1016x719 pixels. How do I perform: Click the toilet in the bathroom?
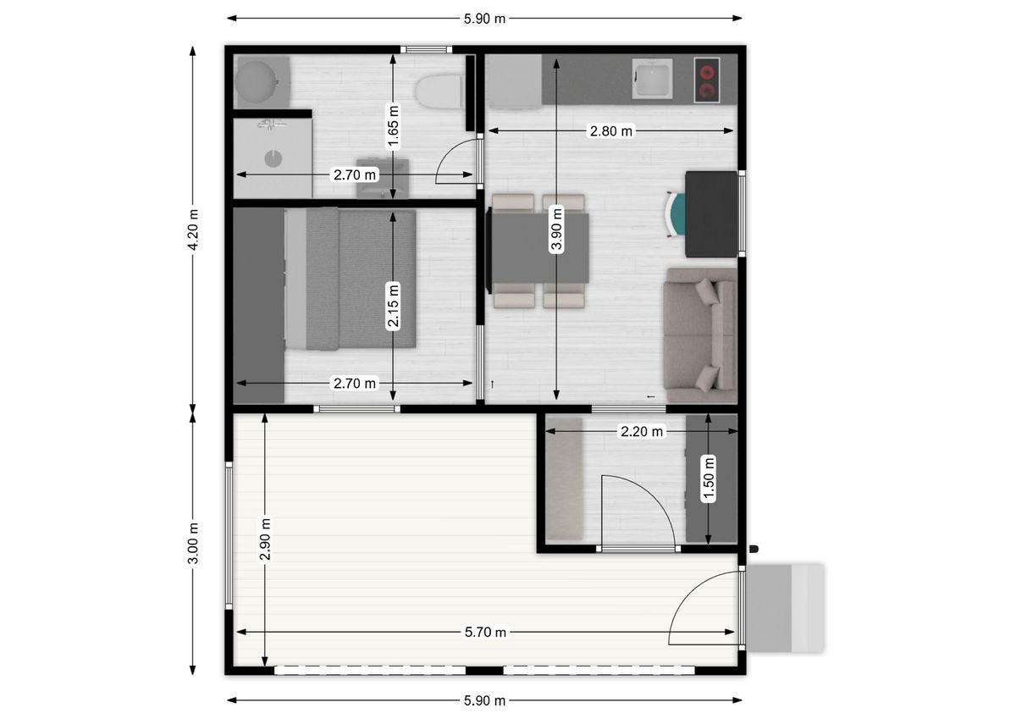tap(439, 92)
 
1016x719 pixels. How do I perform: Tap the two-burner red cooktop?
tap(707, 80)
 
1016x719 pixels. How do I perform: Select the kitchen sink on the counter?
tap(652, 79)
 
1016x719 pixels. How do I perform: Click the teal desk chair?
tap(676, 214)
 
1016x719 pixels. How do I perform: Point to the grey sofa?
tap(700, 335)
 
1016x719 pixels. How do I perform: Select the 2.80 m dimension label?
tap(611, 131)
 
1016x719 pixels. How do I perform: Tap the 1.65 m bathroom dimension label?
tap(393, 126)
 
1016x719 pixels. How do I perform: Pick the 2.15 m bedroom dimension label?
tap(393, 304)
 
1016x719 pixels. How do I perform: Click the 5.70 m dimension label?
tap(485, 632)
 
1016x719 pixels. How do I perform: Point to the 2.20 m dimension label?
tap(642, 431)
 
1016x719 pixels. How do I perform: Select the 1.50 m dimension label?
tap(708, 479)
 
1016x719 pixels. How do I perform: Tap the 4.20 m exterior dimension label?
tap(193, 230)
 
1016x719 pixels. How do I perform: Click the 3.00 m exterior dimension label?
tap(193, 544)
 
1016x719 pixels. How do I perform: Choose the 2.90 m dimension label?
tap(265, 539)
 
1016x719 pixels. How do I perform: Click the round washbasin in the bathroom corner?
tap(257, 82)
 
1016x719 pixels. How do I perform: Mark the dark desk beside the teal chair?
tap(711, 214)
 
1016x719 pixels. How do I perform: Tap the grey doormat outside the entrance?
tap(785, 608)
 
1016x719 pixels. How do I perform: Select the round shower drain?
tap(273, 158)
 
